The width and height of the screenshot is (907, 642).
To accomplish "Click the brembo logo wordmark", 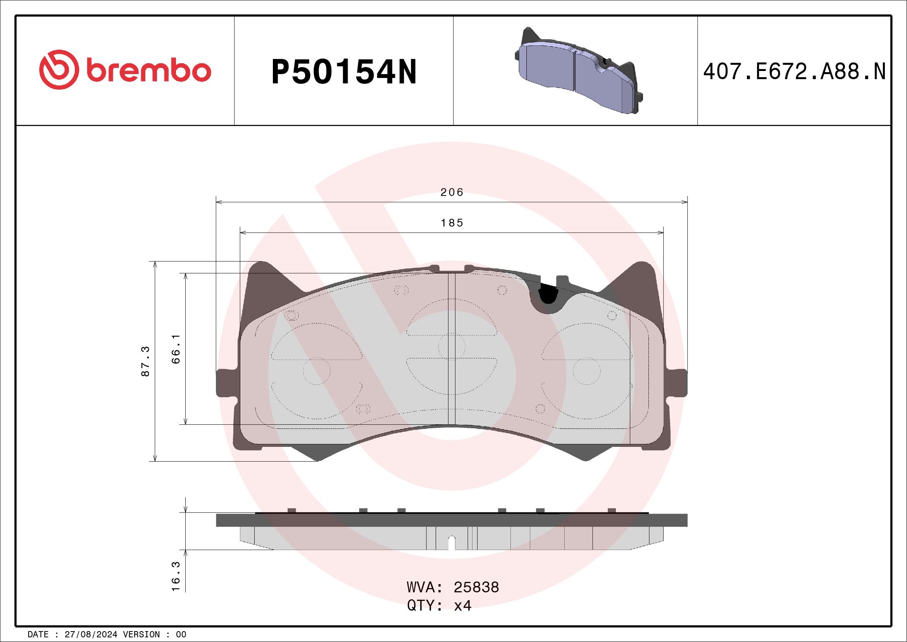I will pyautogui.click(x=148, y=71).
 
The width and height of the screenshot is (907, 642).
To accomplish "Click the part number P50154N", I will pyautogui.click(x=344, y=72).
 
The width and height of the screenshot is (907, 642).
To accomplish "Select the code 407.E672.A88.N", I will pyautogui.click(x=794, y=72).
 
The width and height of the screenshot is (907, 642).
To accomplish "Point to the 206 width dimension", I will pyautogui.click(x=452, y=192).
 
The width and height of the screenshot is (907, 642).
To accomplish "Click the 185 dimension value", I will pyautogui.click(x=452, y=223).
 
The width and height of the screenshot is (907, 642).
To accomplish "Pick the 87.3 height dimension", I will pyautogui.click(x=146, y=361).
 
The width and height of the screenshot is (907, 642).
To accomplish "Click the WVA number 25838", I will pyautogui.click(x=476, y=587).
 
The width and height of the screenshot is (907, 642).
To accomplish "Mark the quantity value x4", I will pyautogui.click(x=462, y=606).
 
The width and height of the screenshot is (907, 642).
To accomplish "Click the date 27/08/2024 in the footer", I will pyautogui.click(x=91, y=635).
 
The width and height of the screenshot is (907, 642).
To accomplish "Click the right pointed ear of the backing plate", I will pyautogui.click(x=641, y=279).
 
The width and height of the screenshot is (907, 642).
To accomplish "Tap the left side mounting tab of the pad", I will pyautogui.click(x=226, y=382).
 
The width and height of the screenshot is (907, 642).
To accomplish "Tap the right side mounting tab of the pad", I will pyautogui.click(x=677, y=382).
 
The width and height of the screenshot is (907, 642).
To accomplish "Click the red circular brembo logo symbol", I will pyautogui.click(x=57, y=69).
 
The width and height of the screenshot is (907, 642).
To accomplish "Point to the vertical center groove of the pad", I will pyautogui.click(x=452, y=348).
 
